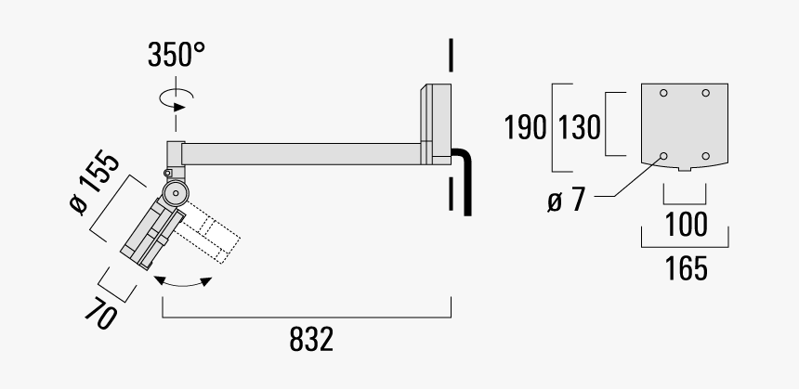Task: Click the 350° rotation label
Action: point(176,56)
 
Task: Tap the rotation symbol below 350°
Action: point(177,98)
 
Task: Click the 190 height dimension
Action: point(525,126)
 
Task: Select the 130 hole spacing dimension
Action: point(580,126)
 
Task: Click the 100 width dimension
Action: point(688,225)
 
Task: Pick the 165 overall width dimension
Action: point(688,269)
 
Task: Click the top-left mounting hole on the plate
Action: point(663,93)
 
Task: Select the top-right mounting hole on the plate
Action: point(706,93)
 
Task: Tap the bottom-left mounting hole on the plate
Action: point(663,155)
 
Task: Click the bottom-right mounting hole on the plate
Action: point(706,155)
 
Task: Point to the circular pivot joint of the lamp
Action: point(174,193)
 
